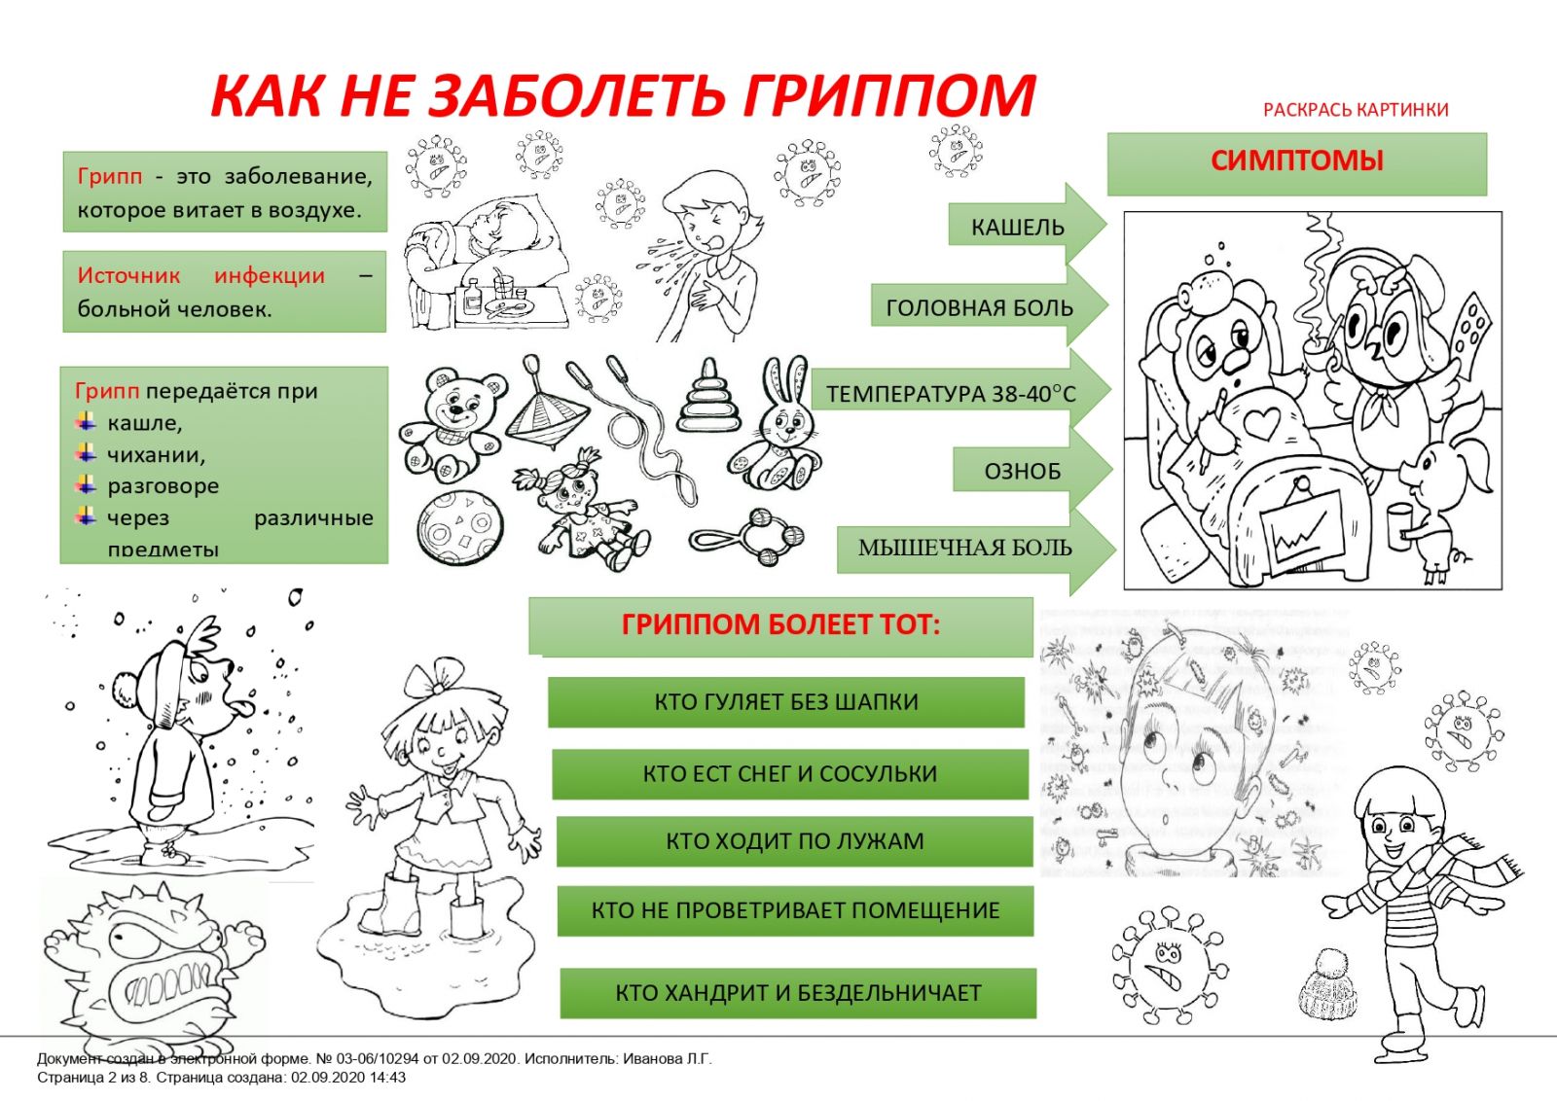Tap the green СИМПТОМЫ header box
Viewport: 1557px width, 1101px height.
(x=1296, y=162)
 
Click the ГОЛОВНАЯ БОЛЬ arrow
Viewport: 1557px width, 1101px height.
(x=983, y=307)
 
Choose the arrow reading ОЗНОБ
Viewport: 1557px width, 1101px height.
(x=1027, y=471)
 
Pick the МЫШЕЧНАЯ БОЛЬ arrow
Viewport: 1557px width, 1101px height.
(x=968, y=548)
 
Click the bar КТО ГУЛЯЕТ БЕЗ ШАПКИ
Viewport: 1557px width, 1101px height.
(x=785, y=702)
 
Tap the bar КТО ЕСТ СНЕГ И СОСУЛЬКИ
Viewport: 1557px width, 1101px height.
(x=789, y=774)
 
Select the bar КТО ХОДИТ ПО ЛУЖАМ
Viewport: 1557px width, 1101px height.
(x=794, y=841)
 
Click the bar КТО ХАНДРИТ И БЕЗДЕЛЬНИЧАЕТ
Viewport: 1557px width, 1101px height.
(x=798, y=993)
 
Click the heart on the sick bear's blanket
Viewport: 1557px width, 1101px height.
(x=1263, y=423)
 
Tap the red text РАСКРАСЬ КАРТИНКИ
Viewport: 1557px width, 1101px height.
(x=1356, y=110)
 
